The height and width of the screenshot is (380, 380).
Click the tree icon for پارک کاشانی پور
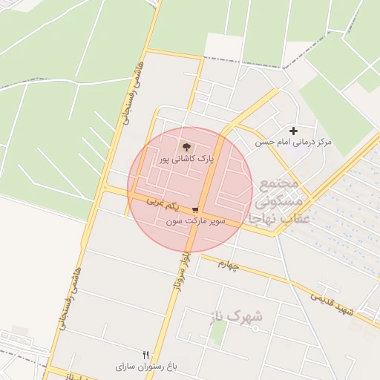point(186,146)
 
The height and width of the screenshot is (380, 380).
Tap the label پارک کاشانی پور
point(186,160)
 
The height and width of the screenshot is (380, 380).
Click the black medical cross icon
point(293,131)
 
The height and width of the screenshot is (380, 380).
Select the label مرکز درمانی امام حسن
point(293,142)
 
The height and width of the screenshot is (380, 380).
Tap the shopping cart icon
point(194,210)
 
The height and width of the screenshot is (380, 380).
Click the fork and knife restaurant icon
point(145,355)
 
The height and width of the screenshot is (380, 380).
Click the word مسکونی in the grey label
point(278,200)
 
